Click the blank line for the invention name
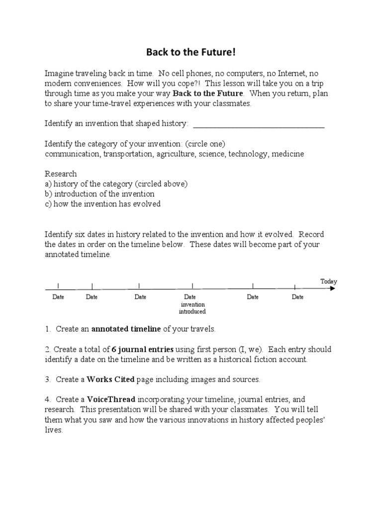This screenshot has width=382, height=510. [258, 127]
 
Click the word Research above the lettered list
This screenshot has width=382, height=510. [61, 174]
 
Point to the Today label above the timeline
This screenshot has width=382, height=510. [328, 281]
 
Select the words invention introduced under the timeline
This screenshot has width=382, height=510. [192, 308]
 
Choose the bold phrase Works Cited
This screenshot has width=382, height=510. [110, 380]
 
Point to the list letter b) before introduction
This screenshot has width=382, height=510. [49, 194]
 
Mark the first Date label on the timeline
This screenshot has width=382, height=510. [58, 297]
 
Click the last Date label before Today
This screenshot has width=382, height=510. [297, 297]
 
